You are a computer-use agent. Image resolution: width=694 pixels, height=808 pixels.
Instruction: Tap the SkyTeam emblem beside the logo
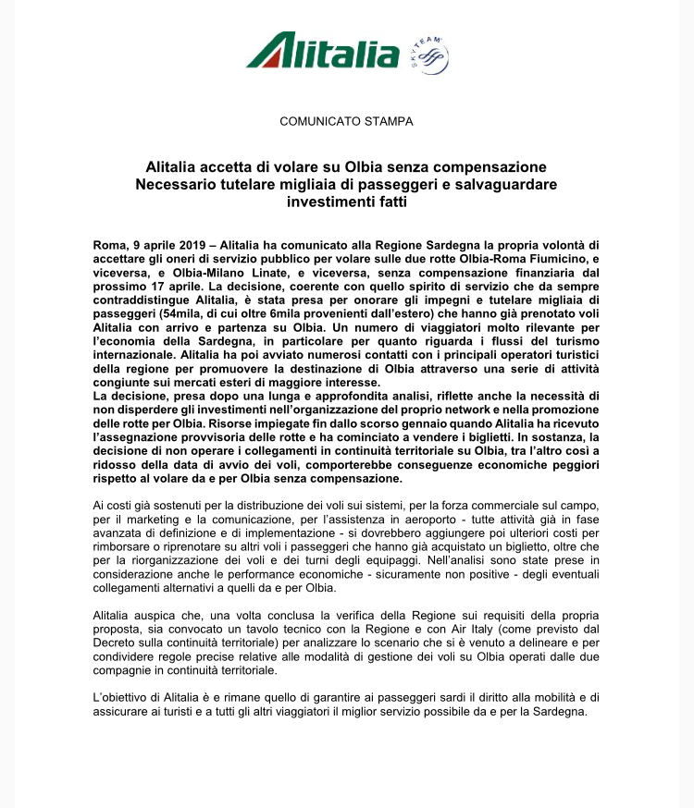point(427,55)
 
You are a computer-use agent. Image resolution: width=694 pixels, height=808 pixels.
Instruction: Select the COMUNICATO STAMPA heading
point(346,121)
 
